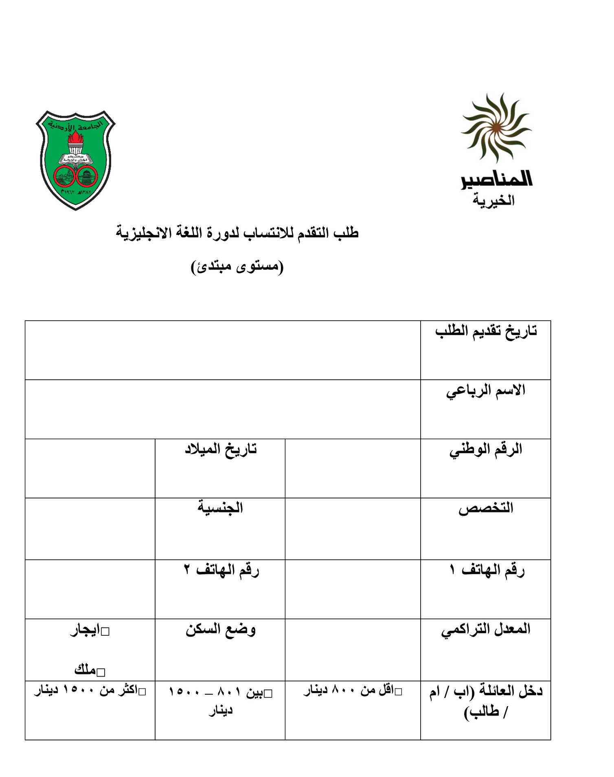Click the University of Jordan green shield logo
click(x=76, y=160)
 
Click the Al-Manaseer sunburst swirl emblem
click(x=496, y=127)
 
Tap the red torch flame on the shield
click(x=75, y=138)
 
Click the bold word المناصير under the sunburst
click(x=496, y=180)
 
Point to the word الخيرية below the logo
click(x=493, y=200)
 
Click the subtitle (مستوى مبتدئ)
click(x=237, y=267)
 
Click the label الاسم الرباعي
click(x=486, y=390)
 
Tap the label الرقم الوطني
click(x=486, y=450)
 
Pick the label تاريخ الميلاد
click(x=221, y=449)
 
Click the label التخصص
click(x=486, y=508)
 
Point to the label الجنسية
click(x=220, y=508)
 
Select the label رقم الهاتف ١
click(x=487, y=570)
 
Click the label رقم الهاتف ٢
click(x=221, y=570)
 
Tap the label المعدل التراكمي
click(x=486, y=629)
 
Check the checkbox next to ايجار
click(x=105, y=632)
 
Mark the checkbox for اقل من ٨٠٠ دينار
click(x=398, y=692)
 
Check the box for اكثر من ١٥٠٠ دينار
click(x=142, y=692)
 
